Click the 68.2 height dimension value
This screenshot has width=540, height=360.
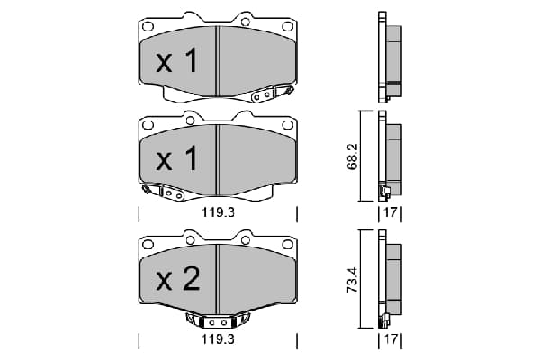coord(354,156)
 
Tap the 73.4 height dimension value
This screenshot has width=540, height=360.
coord(354,280)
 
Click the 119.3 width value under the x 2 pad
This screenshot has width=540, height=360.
coord(218,339)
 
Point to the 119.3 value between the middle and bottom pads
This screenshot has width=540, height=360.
coord(218,212)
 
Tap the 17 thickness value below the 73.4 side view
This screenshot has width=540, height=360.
coord(391,339)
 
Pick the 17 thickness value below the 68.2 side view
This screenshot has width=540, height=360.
coord(391,212)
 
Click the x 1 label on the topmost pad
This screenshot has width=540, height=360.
coord(176,60)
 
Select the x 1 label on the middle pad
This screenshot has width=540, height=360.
coord(176,158)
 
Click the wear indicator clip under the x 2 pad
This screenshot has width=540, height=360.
coord(218,320)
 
